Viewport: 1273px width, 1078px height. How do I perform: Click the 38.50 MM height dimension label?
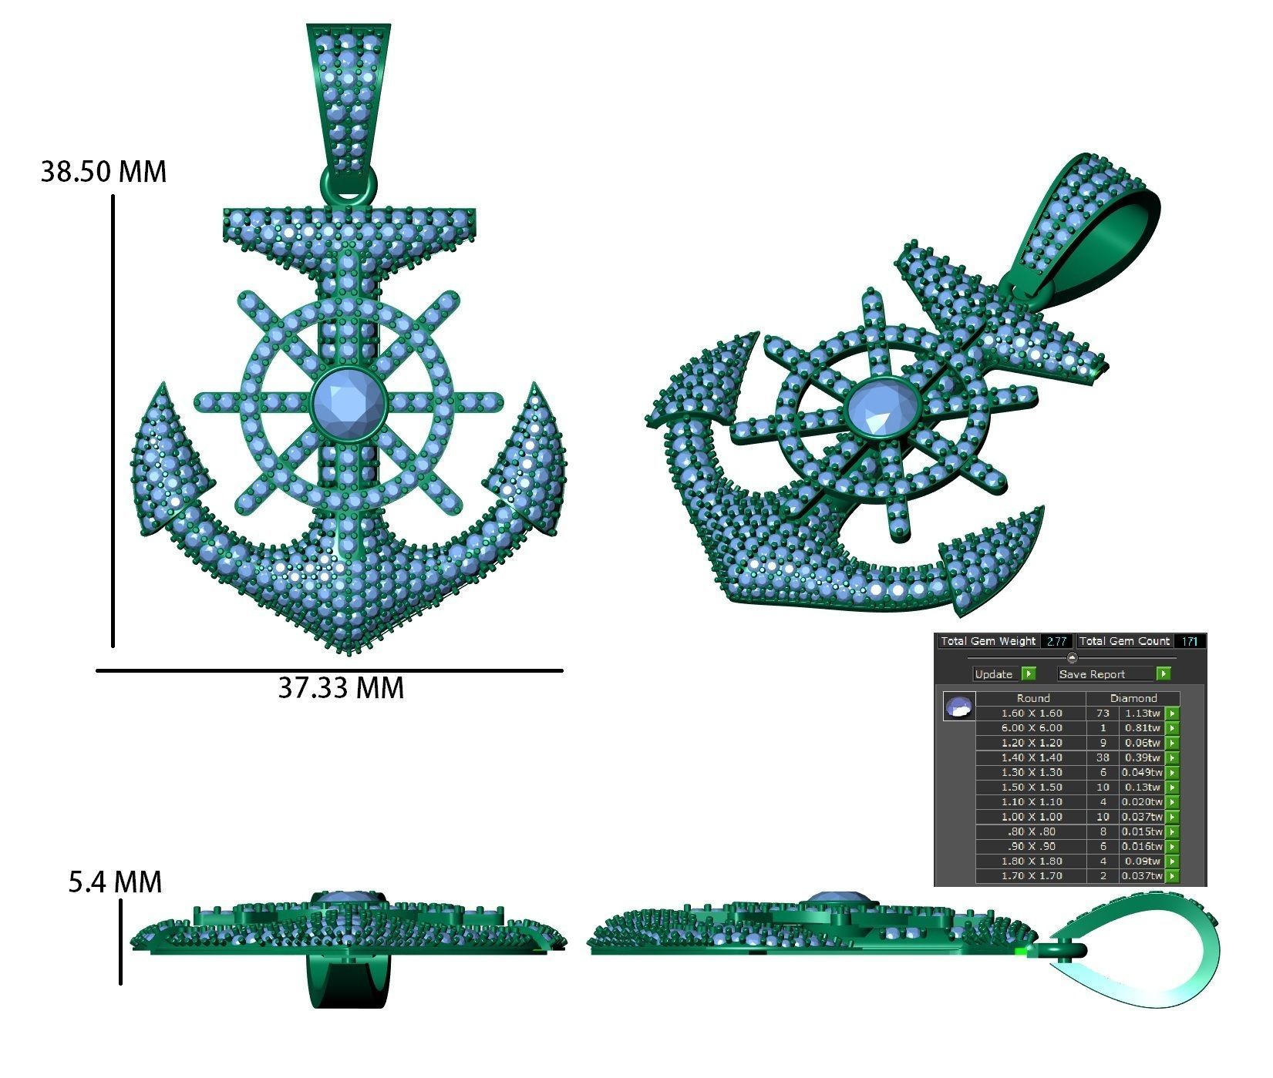103,171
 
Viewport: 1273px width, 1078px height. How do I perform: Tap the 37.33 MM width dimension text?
341,687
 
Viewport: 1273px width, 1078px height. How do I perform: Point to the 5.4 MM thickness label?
116,882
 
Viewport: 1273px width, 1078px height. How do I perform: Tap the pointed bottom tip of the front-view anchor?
349,652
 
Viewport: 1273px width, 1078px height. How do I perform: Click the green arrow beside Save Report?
1164,674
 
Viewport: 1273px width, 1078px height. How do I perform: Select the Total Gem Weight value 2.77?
1056,641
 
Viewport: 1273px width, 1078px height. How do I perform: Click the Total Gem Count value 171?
1190,641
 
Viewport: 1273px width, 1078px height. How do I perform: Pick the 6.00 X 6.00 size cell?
1031,728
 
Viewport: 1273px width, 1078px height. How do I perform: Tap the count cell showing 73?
1103,714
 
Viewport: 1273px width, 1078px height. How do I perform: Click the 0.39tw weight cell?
1141,758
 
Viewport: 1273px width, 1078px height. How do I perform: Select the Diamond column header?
1133,698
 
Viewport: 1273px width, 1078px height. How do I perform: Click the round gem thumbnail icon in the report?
959,706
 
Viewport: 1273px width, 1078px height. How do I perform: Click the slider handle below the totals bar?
1072,657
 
